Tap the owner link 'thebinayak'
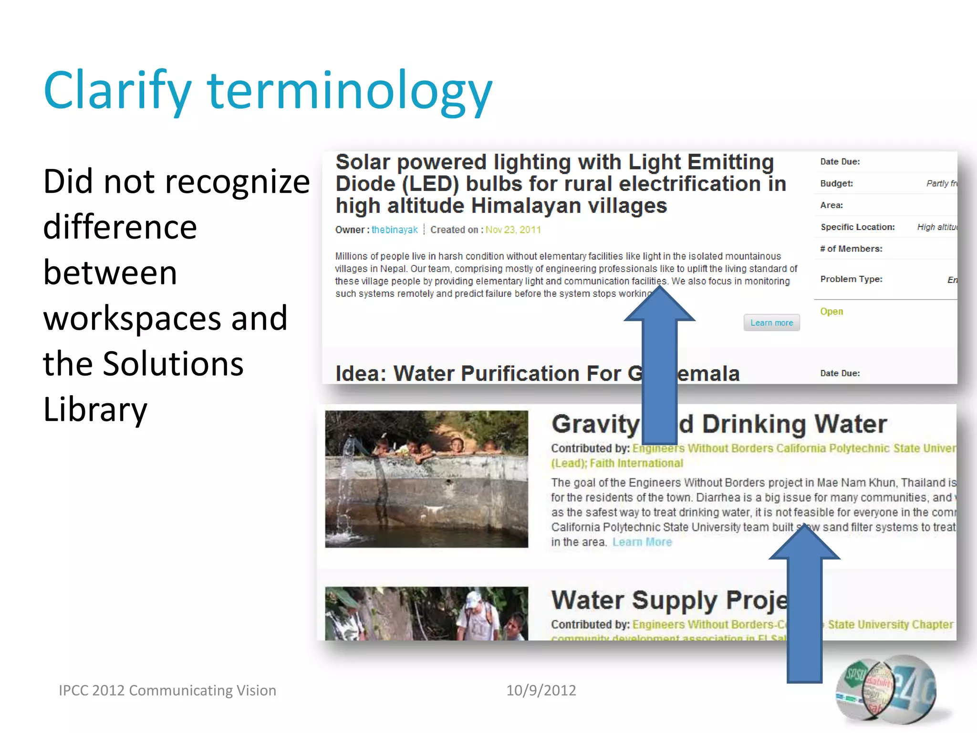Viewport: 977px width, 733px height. (395, 230)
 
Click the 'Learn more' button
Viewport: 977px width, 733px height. (771, 323)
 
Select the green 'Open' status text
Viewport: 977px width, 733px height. (831, 312)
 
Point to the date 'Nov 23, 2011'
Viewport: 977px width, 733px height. (513, 230)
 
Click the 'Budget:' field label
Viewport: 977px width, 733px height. (836, 184)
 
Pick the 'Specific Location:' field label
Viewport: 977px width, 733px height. (857, 227)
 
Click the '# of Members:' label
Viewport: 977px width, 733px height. (851, 249)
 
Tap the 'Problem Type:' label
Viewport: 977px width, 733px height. (851, 279)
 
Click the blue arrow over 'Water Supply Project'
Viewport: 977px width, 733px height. (805, 606)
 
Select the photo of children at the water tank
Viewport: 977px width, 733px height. (426, 479)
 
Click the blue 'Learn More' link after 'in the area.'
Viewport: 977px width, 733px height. (642, 543)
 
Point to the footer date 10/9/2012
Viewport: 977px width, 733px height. (541, 691)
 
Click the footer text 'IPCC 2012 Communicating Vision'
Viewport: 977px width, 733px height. (167, 691)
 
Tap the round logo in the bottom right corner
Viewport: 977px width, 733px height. (886, 690)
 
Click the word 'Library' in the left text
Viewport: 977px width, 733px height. (95, 409)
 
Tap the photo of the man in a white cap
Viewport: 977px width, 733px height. (426, 613)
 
